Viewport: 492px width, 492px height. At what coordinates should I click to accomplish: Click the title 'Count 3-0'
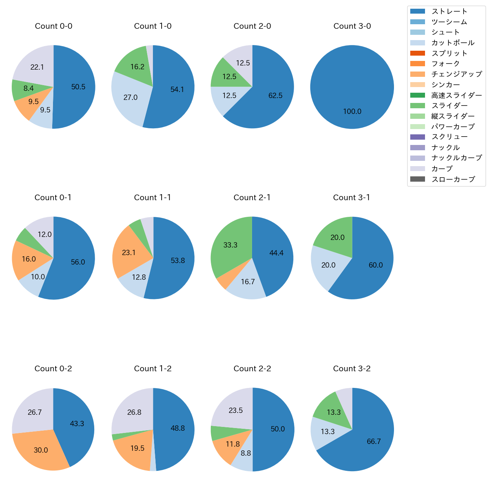352,26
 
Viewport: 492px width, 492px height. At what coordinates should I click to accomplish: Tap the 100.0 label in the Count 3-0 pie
352,111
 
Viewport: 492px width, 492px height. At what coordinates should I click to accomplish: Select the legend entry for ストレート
449,11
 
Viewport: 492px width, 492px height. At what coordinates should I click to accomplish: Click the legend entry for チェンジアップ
456,74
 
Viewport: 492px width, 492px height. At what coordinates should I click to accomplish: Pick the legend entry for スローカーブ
453,179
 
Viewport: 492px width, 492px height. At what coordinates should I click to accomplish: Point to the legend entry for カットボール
453,43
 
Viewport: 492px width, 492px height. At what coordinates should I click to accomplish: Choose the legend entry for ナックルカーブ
456,158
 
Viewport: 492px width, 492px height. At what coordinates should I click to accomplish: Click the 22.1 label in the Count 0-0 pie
37,67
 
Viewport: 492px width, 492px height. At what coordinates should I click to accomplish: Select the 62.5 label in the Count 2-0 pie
276,95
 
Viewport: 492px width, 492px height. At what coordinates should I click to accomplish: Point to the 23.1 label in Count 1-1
129,252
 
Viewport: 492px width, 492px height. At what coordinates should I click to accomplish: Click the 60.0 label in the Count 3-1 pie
376,265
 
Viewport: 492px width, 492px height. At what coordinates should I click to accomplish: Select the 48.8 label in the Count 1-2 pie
177,428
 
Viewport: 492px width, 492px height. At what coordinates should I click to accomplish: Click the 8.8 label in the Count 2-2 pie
246,453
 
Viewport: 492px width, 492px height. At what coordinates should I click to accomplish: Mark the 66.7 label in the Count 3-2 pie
374,441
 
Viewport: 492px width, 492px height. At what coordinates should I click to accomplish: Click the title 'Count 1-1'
153,198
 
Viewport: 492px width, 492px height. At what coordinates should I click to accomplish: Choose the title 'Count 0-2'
53,369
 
